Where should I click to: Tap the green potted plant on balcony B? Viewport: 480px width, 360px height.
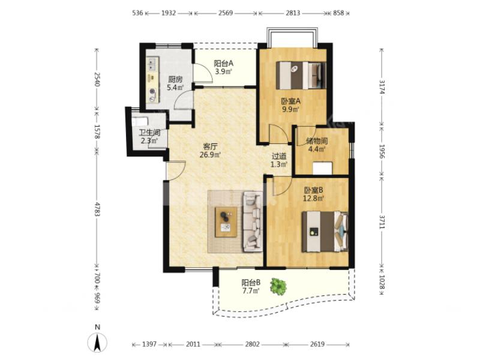(278, 287)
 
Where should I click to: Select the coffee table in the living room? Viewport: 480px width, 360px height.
(226, 222)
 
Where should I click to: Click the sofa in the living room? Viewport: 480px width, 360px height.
(253, 221)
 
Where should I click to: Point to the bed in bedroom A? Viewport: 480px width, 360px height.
(301, 76)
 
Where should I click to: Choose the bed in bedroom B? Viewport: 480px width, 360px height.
(325, 232)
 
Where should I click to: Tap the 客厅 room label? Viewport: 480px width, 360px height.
(210, 146)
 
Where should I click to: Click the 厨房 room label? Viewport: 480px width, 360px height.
(175, 80)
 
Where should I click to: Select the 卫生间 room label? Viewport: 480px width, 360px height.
(149, 133)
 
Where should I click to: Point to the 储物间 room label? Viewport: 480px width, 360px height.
(317, 141)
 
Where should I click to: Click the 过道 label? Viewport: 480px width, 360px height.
(279, 156)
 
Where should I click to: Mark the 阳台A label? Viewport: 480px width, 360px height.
(223, 64)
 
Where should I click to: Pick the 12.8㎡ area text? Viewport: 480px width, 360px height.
(313, 199)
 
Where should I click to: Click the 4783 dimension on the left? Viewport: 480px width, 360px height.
(97, 209)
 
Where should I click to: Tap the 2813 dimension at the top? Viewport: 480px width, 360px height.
(293, 13)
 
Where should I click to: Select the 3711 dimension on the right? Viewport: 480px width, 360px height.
(382, 221)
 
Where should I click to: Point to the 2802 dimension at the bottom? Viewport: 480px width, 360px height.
(252, 344)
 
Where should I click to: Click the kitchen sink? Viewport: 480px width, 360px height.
(152, 64)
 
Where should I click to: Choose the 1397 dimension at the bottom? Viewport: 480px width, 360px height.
(149, 344)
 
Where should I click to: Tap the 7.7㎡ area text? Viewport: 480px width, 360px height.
(251, 290)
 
